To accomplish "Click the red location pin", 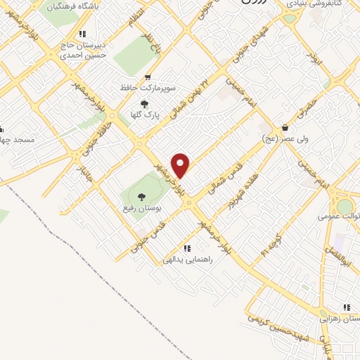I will [x=181, y=165].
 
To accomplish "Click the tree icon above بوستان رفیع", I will [x=141, y=198].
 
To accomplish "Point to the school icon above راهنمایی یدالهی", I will [x=186, y=248].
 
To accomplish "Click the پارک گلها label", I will [x=147, y=114].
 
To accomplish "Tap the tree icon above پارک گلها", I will [x=144, y=103].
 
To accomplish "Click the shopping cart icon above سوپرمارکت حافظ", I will [x=147, y=77].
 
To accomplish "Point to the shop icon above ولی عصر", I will [x=285, y=127].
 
